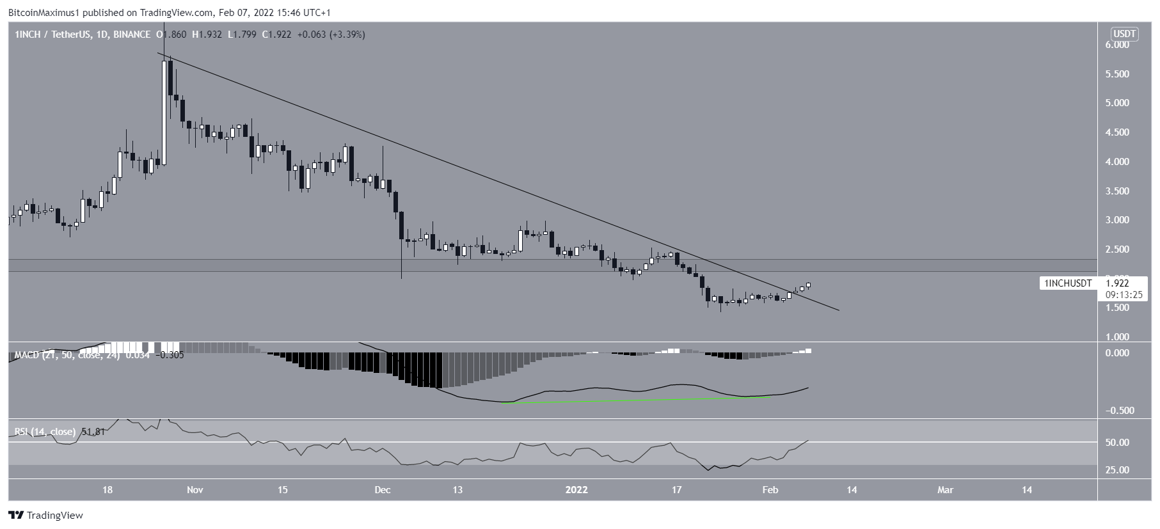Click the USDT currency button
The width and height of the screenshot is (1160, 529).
click(x=1125, y=34)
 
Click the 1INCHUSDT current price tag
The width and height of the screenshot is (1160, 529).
click(x=1068, y=283)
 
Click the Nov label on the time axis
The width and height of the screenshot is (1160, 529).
click(x=195, y=490)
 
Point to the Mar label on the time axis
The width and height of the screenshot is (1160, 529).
click(x=945, y=490)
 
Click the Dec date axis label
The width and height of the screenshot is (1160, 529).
click(x=383, y=490)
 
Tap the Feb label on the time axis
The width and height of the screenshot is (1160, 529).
click(x=770, y=490)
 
